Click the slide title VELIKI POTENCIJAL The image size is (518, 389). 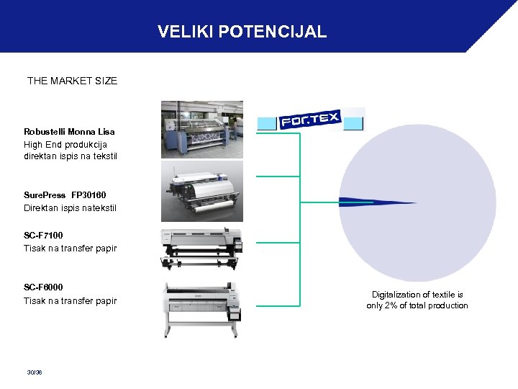[x=242, y=32]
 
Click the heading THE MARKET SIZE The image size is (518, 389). [x=72, y=81]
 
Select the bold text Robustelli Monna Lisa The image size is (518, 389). [x=69, y=132]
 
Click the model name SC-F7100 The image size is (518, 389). [x=43, y=236]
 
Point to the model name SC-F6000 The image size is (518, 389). [x=43, y=287]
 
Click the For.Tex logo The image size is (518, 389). [x=310, y=119]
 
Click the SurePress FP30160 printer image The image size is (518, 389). [x=201, y=189]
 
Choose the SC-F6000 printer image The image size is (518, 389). [x=201, y=308]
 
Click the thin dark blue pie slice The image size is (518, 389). [x=360, y=202]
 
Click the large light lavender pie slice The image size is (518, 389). [x=424, y=166]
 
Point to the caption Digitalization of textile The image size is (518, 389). [x=417, y=295]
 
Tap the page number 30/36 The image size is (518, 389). [x=34, y=372]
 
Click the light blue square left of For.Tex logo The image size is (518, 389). [x=267, y=123]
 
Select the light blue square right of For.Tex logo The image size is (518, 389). [x=353, y=122]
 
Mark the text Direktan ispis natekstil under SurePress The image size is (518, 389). [x=70, y=208]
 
